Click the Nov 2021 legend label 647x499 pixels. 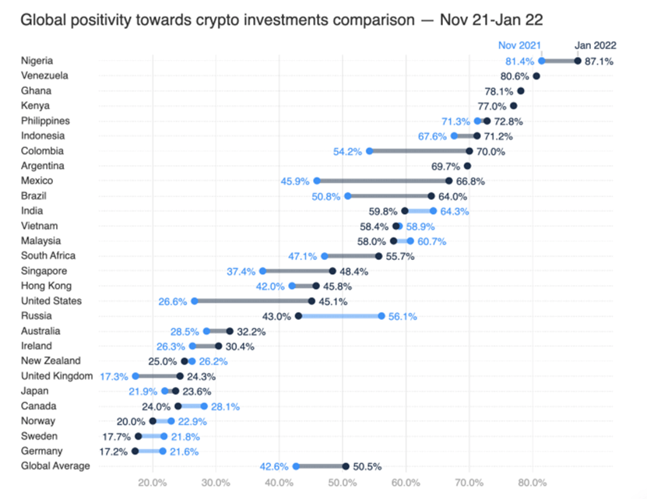point(519,46)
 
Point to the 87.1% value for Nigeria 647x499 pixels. point(600,61)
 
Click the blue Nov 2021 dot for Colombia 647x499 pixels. point(369,151)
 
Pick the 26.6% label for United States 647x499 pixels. point(171,301)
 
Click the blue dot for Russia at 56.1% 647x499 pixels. point(382,316)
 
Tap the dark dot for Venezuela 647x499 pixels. point(536,76)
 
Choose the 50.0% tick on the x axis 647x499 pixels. point(343,483)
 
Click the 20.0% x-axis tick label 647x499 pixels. point(153,483)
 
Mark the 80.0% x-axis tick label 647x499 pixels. point(533,483)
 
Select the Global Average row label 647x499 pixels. point(56,466)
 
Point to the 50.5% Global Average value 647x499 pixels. point(367,466)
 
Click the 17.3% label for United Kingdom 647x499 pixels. point(114,376)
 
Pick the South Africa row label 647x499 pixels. point(49,256)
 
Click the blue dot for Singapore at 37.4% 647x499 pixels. point(263,271)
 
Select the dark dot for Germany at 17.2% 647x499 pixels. point(135,451)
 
